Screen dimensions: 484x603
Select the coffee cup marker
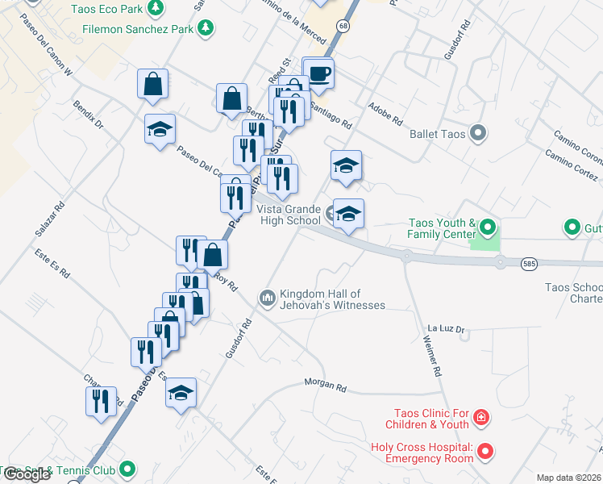318,73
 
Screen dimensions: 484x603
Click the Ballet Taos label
437,133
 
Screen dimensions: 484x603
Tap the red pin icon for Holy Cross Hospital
484,452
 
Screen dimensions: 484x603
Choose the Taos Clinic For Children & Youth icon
480,417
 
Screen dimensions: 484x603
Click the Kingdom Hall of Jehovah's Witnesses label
332,299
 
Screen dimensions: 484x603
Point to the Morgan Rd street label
325,385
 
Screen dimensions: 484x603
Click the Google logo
27,474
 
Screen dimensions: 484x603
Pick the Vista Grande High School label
289,215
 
